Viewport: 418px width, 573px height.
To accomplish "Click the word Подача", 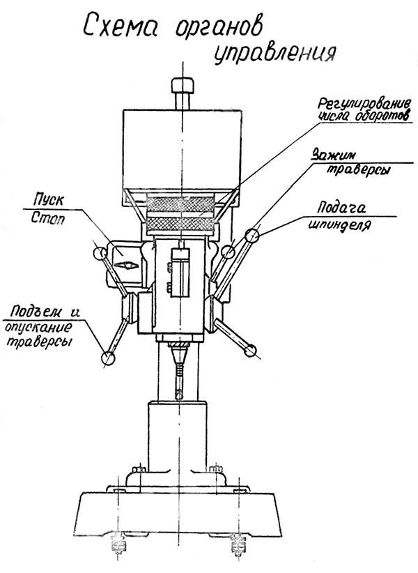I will point(341,208).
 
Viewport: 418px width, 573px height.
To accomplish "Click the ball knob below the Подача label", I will point(252,237).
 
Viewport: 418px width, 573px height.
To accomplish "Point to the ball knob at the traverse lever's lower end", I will point(108,358).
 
